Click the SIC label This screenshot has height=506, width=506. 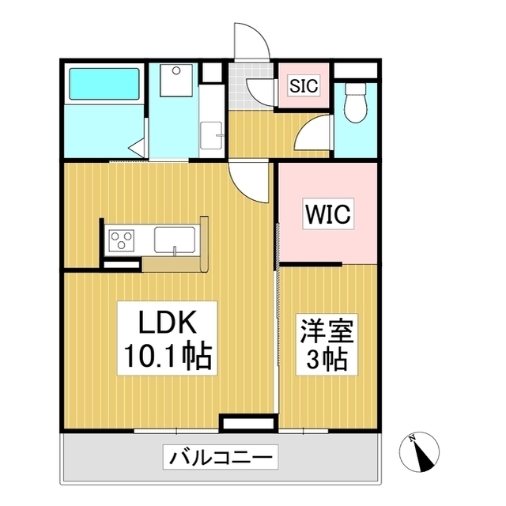303,85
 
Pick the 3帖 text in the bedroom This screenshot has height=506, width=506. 327,361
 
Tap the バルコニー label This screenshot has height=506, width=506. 221,456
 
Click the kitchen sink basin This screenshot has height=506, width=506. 176,238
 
